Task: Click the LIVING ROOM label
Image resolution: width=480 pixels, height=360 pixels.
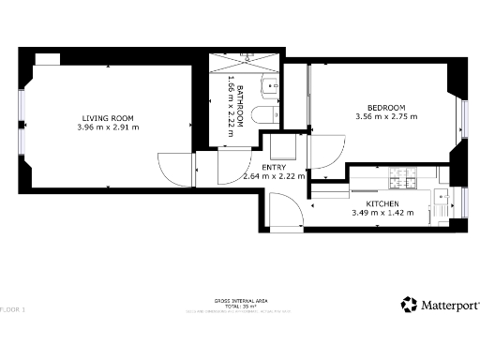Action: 108,117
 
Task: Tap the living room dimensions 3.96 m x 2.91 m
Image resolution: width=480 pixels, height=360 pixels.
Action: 108,127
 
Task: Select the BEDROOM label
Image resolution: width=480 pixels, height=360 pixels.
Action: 386,108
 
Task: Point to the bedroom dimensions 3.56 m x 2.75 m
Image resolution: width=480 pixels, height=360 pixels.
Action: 386,117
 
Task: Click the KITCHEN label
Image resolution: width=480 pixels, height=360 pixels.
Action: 382,203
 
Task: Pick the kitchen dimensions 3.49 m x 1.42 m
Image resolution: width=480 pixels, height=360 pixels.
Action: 382,213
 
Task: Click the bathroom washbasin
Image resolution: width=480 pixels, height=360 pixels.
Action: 271,86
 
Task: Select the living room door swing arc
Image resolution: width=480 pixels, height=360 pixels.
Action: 174,168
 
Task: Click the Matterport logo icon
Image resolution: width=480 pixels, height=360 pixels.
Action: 409,305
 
